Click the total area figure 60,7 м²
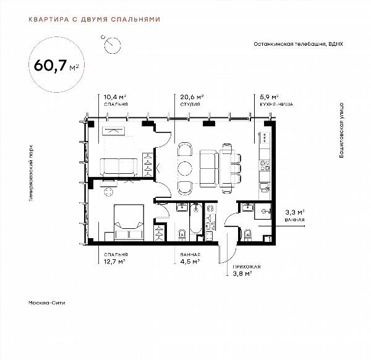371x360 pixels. point(56,66)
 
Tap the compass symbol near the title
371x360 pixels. point(113,45)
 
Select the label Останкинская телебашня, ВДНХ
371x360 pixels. point(298,44)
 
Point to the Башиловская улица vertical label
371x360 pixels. point(341,130)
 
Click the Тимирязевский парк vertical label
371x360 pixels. point(31,173)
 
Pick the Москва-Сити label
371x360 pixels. point(46,302)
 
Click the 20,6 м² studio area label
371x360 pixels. point(192,97)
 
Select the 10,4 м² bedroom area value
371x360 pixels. point(115,97)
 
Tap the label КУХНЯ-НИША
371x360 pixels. point(276,104)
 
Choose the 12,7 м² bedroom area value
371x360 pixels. point(114,262)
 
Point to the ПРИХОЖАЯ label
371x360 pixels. point(247,267)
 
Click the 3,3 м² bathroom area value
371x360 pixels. point(294,212)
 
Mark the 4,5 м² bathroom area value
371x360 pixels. point(190,262)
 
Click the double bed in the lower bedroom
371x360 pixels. point(129,223)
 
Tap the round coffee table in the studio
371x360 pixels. point(185,168)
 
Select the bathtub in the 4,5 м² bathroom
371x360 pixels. point(196,218)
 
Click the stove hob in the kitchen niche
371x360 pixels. point(265,165)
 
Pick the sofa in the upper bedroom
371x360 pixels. point(119,167)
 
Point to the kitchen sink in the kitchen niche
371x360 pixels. point(265,187)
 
